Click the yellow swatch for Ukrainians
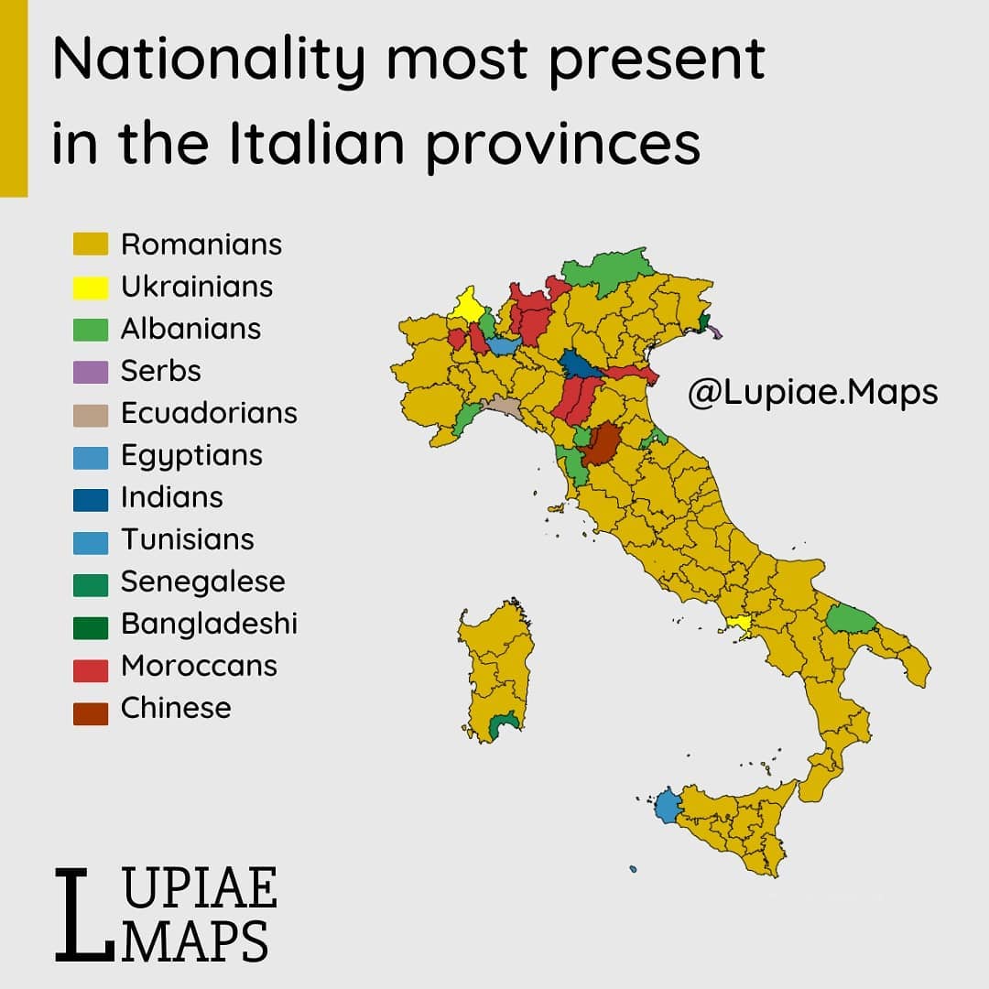(91, 287)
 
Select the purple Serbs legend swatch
(91, 371)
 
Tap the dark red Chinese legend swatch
(91, 709)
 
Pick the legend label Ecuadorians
(209, 413)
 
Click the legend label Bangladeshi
(209, 625)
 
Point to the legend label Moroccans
(199, 666)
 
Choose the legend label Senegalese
(202, 581)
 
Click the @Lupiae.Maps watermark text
(812, 392)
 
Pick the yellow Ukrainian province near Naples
(739, 625)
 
